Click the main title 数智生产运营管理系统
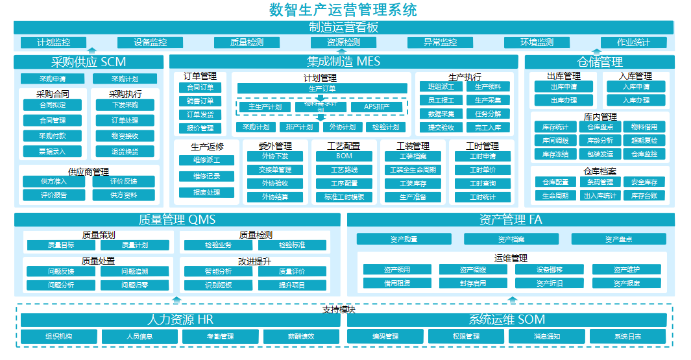pyautogui.click(x=343, y=10)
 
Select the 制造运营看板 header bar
pyautogui.click(x=343, y=27)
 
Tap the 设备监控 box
pyautogui.click(x=150, y=43)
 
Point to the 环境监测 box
pyautogui.click(x=537, y=43)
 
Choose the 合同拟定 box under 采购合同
pyautogui.click(x=53, y=104)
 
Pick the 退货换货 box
pyautogui.click(x=125, y=151)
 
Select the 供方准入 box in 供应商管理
pyautogui.click(x=53, y=182)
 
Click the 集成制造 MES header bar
pyautogui.click(x=343, y=62)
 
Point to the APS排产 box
pyautogui.click(x=376, y=107)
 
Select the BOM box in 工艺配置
pyautogui.click(x=344, y=156)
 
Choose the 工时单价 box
pyautogui.click(x=483, y=170)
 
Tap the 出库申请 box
pyautogui.click(x=563, y=87)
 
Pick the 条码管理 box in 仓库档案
pyautogui.click(x=600, y=182)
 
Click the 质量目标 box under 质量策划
pyautogui.click(x=61, y=245)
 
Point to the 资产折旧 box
pyautogui.click(x=550, y=283)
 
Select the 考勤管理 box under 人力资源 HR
pyautogui.click(x=221, y=337)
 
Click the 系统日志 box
pyautogui.click(x=627, y=337)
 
